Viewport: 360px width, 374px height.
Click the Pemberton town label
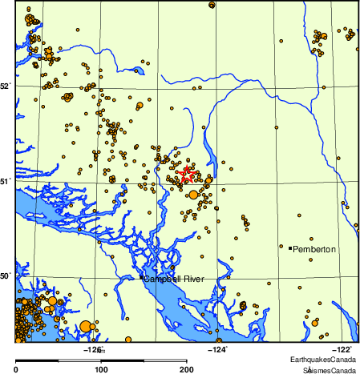click(x=314, y=249)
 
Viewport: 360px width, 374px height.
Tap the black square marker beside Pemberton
click(x=290, y=248)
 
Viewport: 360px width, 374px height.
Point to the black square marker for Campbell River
click(x=141, y=278)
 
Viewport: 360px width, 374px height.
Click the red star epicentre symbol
click(x=186, y=173)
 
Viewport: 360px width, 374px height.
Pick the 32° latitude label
click(x=6, y=86)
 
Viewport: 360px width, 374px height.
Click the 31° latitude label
click(x=6, y=182)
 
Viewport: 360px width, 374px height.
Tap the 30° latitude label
click(x=6, y=276)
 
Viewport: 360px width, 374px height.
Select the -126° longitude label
click(x=94, y=348)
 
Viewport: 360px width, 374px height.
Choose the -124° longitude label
click(x=218, y=348)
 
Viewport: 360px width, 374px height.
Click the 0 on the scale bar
click(x=17, y=370)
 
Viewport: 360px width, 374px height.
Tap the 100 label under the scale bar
click(x=102, y=370)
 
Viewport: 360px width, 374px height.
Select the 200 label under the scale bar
click(x=187, y=370)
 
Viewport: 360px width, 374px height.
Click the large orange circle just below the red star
click(x=192, y=194)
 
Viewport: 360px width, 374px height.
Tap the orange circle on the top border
click(x=212, y=5)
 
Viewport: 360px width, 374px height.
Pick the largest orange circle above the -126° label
click(x=85, y=325)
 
